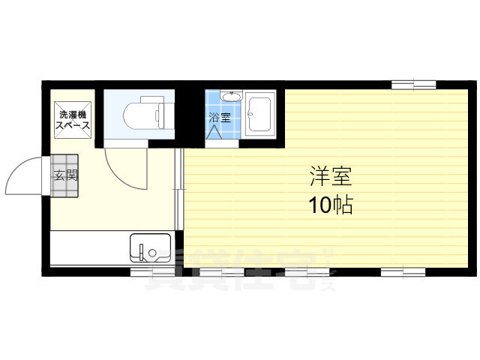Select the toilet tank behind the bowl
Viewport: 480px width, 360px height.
click(161, 114)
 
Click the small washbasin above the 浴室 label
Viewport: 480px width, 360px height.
click(232, 97)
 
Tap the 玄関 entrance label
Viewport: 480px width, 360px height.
click(63, 177)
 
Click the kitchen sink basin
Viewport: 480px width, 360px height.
click(149, 248)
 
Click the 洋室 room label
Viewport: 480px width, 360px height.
click(330, 178)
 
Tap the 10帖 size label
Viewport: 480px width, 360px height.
click(330, 205)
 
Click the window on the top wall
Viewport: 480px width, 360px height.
click(412, 82)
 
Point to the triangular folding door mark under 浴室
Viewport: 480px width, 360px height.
click(216, 130)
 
